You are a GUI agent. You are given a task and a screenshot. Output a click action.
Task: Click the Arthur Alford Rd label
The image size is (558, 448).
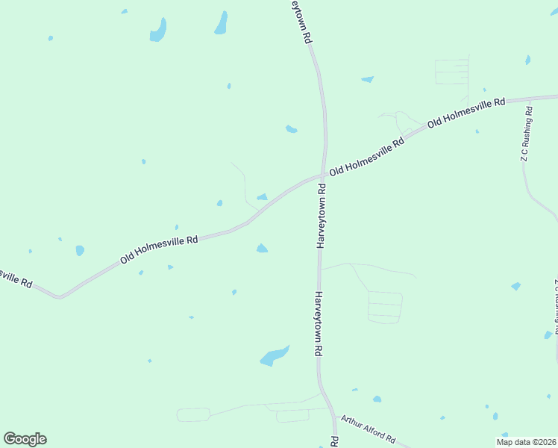click(368, 431)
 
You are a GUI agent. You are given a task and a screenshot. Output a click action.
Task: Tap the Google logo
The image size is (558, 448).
click(25, 439)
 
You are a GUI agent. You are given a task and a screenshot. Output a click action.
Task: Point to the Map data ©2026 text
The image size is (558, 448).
click(526, 442)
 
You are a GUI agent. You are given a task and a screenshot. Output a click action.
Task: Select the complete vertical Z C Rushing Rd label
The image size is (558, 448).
click(527, 134)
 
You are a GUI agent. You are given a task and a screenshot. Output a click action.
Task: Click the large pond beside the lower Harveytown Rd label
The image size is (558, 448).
click(274, 356)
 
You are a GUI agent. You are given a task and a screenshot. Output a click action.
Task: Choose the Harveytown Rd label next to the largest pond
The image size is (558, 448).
click(318, 323)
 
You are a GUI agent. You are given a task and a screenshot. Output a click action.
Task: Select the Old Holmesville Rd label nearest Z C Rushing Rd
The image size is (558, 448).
click(466, 111)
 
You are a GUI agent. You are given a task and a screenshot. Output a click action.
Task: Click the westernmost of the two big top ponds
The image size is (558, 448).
click(158, 31)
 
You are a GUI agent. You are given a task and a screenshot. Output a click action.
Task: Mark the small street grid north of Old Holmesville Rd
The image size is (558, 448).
click(452, 72)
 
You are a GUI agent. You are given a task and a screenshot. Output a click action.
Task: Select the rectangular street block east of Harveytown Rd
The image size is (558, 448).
click(385, 307)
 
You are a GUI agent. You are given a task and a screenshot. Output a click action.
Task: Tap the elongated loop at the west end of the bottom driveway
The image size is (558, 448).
click(193, 414)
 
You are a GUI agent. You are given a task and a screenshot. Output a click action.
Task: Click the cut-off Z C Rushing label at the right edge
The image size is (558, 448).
click(555, 306)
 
